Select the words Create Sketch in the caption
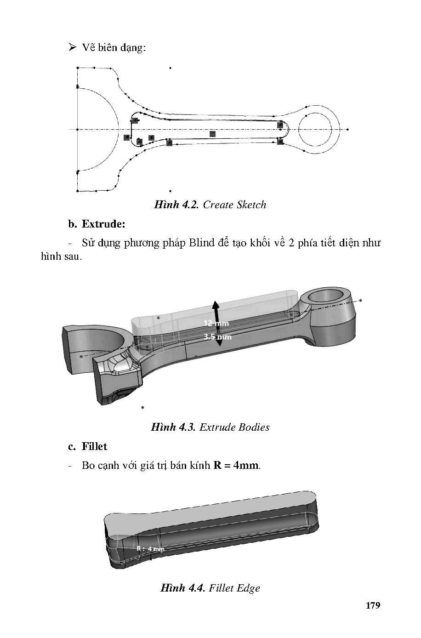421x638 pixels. (234, 205)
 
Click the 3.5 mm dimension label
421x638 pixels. (217, 336)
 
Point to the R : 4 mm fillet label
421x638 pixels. (150, 548)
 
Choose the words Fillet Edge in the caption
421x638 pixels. (234, 588)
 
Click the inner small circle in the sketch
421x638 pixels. (314, 130)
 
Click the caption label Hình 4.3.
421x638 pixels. (173, 427)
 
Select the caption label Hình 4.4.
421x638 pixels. (182, 588)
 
